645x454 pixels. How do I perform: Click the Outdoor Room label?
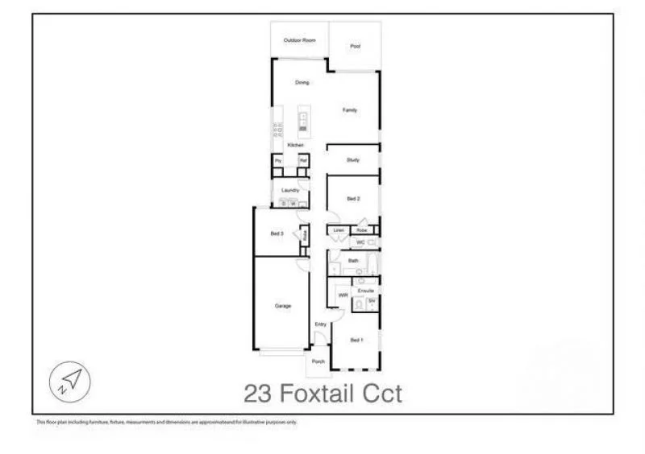[299, 39]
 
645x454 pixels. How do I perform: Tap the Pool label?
[355, 47]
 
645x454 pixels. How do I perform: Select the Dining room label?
[302, 82]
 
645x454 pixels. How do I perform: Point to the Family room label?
[349, 110]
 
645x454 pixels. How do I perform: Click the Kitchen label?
[296, 144]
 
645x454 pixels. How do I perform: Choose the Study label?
[352, 160]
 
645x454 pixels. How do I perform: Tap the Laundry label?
[290, 190]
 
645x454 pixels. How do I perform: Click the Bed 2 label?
[352, 198]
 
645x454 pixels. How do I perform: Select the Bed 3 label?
[276, 233]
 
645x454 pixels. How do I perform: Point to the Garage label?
[282, 306]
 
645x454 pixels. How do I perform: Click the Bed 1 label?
[356, 340]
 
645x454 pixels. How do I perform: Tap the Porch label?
[318, 361]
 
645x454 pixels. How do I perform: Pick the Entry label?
[320, 324]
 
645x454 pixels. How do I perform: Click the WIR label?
[343, 295]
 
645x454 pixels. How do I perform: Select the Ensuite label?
[365, 290]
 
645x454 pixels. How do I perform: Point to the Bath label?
[353, 261]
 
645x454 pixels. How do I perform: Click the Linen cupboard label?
[339, 230]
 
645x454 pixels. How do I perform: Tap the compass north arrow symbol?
[70, 379]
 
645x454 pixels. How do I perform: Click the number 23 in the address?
[258, 394]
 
